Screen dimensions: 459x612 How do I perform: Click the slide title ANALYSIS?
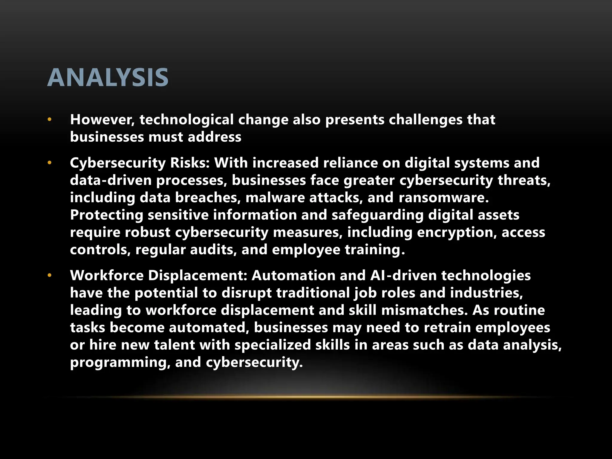click(108, 78)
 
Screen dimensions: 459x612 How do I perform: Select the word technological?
click(186, 120)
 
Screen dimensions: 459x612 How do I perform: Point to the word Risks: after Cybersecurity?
click(190, 163)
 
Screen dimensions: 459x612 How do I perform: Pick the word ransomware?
click(443, 198)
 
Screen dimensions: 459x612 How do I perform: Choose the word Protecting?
click(107, 215)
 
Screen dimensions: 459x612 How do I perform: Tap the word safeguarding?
click(377, 215)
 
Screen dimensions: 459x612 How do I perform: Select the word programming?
click(120, 363)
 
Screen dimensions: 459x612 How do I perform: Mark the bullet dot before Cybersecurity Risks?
click(50, 163)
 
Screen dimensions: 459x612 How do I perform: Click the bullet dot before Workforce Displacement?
click(50, 276)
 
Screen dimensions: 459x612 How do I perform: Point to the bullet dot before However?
click(50, 120)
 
